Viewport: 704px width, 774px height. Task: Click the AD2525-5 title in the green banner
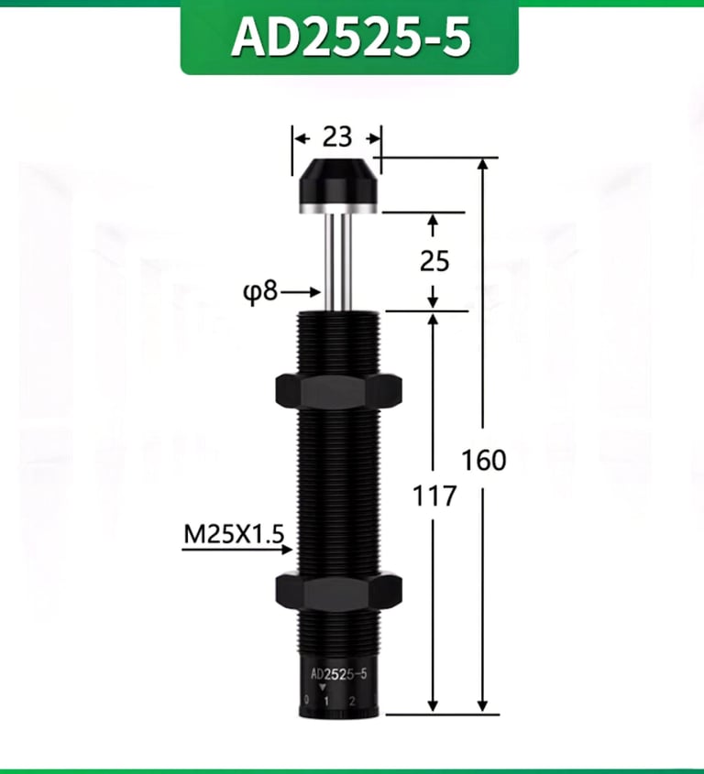[x=350, y=36]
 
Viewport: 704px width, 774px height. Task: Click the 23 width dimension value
[x=337, y=136]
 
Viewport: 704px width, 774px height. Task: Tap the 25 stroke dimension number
[x=434, y=261]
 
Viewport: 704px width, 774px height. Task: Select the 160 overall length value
[x=484, y=460]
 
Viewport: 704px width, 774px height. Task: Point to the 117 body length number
[x=434, y=496]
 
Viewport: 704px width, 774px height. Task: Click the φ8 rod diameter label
[x=261, y=292]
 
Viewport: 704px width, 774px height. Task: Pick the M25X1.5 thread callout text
[x=234, y=534]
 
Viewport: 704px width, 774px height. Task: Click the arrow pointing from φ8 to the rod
[x=301, y=292]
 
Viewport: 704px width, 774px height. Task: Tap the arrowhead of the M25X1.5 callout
[x=288, y=549]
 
